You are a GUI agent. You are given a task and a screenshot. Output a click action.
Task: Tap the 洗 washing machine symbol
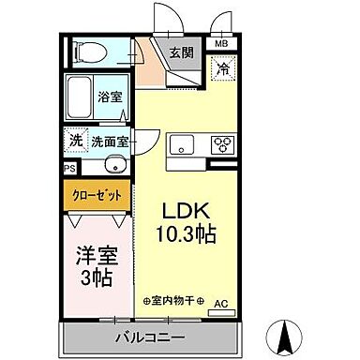click(74, 141)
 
